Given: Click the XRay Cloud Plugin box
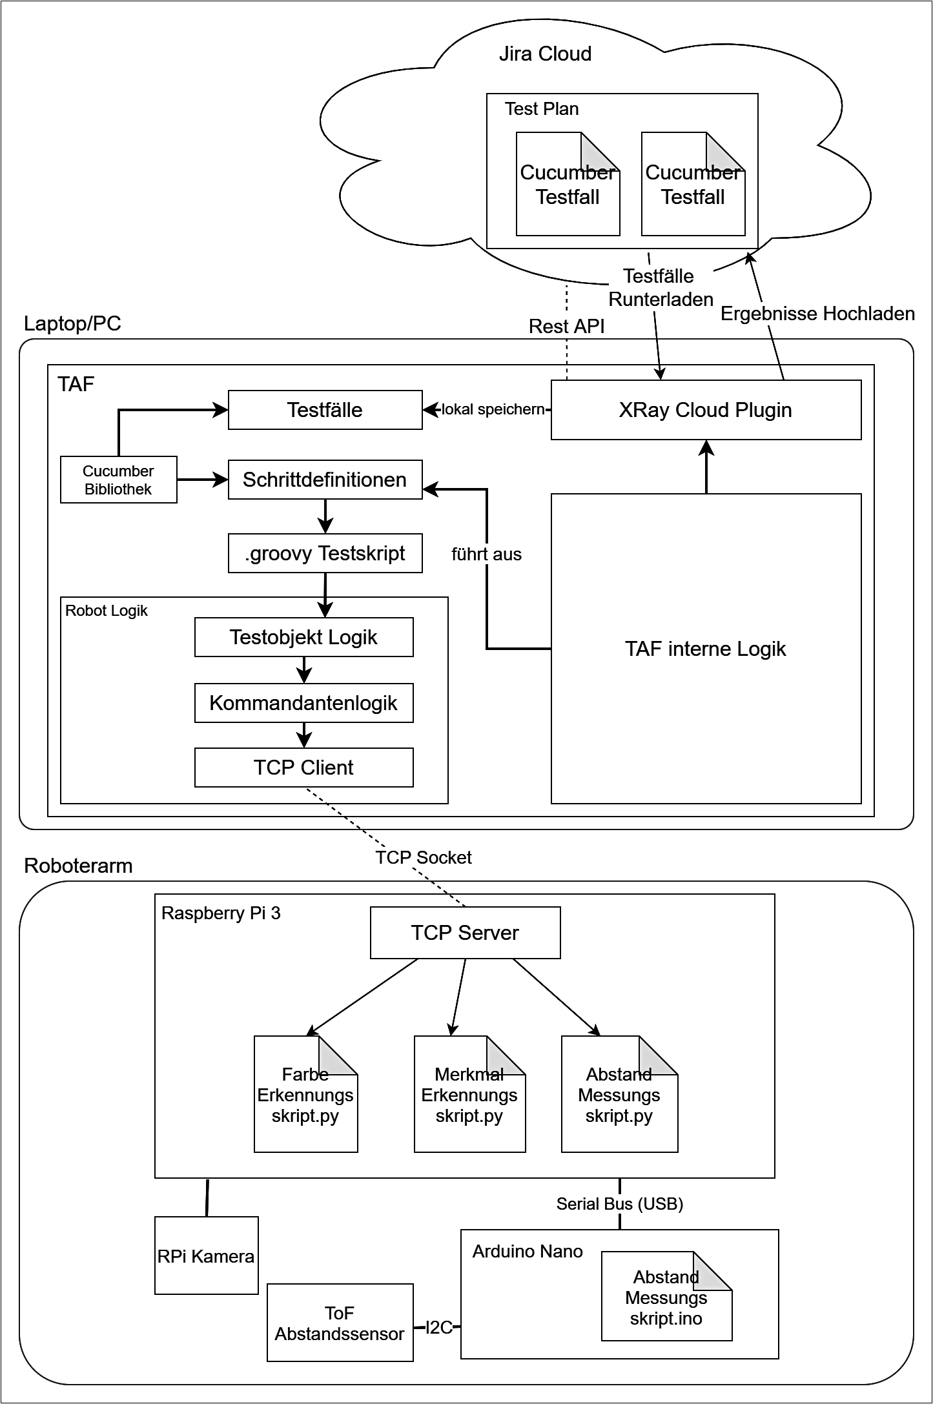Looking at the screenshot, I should point(706,410).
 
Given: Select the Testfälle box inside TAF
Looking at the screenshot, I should point(325,410).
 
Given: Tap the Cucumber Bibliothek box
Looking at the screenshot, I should point(118,480).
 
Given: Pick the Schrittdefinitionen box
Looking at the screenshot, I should point(325,480).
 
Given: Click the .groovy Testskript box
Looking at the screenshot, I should point(325,553).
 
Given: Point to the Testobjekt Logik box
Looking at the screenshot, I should point(303,637).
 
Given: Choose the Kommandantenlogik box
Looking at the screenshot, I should point(303,703).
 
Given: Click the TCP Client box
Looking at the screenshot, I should point(303,768).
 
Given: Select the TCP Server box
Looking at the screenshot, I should point(465,933).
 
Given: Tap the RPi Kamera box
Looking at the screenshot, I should point(206,1256).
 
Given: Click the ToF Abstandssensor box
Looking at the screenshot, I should point(340,1323).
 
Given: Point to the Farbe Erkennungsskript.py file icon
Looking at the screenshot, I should point(305,1095).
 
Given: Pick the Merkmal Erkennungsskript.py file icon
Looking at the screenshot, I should point(469,1095).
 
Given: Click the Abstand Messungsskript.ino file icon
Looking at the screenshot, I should point(666,1297).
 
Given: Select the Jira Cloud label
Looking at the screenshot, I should point(545,54).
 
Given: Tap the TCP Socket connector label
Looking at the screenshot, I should point(424,857).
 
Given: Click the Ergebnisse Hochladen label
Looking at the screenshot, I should point(817,314).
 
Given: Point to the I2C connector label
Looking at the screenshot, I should point(439,1327).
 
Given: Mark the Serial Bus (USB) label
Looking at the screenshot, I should point(620,1203).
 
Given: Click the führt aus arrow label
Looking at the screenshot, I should point(486,554).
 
